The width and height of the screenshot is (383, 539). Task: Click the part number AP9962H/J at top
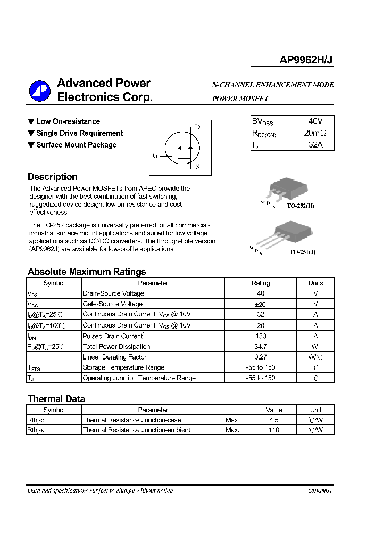[306, 60]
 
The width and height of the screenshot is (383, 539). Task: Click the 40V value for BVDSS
[315, 121]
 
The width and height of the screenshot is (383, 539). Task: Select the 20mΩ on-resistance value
[315, 133]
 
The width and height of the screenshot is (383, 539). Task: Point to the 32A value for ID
[315, 145]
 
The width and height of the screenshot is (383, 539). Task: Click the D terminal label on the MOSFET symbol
[197, 127]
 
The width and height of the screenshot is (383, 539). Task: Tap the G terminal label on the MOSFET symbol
[155, 156]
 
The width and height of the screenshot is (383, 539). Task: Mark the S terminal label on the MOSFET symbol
[197, 166]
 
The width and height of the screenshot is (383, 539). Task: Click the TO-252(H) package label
[301, 206]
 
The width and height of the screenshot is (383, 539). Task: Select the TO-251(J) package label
[302, 252]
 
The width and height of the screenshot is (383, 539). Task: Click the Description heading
[52, 177]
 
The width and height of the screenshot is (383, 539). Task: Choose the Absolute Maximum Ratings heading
[87, 272]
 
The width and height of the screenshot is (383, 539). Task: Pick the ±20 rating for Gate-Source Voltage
[260, 304]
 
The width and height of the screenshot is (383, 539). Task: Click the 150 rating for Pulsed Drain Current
[260, 336]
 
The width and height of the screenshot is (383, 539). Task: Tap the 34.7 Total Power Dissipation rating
[260, 347]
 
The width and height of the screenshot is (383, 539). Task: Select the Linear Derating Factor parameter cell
[114, 357]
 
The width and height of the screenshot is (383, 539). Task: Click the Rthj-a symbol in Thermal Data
[36, 430]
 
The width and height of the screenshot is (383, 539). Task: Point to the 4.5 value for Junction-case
[274, 420]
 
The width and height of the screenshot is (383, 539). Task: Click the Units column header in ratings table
[315, 283]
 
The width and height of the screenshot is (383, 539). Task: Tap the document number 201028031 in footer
[320, 491]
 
